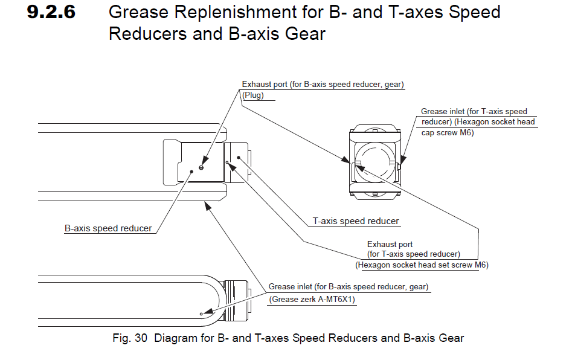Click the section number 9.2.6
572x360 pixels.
pos(51,13)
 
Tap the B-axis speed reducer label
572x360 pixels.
pos(108,229)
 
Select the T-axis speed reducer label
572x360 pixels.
pos(356,221)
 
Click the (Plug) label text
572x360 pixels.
pos(253,95)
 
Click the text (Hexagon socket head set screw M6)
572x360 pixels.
pos(422,265)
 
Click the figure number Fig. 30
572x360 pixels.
pos(130,338)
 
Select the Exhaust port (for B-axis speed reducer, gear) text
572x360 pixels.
pos(323,85)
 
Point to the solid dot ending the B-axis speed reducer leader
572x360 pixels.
pos(191,171)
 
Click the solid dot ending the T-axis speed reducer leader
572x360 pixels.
pos(239,158)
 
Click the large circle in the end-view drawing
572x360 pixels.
pos(375,159)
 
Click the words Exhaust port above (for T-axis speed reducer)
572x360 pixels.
pos(390,245)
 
